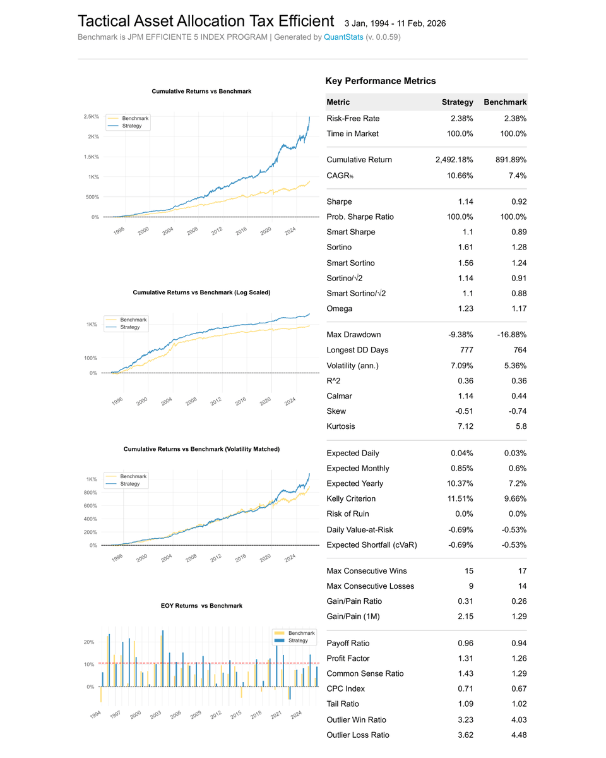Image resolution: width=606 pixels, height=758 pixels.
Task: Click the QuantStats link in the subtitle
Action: pyautogui.click(x=343, y=37)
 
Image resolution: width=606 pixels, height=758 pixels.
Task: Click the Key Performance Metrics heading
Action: pyautogui.click(x=380, y=81)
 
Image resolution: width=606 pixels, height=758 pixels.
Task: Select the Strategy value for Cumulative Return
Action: pyautogui.click(x=454, y=160)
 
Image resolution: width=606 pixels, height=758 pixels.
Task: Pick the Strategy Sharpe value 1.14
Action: pyautogui.click(x=465, y=202)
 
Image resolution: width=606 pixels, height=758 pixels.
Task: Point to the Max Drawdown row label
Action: pyautogui.click(x=353, y=335)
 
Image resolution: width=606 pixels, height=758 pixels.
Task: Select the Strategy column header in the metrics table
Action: pyautogui.click(x=457, y=102)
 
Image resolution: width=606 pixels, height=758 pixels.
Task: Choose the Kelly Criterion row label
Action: pyautogui.click(x=351, y=499)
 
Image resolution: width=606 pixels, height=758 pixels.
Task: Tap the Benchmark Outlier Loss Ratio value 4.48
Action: pyautogui.click(x=518, y=735)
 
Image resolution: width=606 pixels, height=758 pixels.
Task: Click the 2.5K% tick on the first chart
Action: pyautogui.click(x=91, y=117)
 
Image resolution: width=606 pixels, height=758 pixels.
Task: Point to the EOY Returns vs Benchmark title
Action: pyautogui.click(x=201, y=606)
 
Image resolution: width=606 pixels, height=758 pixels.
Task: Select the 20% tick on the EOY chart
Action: pyautogui.click(x=89, y=642)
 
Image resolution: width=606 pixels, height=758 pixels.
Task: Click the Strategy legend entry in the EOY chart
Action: pyautogui.click(x=298, y=641)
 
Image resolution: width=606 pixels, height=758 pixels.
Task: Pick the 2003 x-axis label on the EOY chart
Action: pyautogui.click(x=155, y=714)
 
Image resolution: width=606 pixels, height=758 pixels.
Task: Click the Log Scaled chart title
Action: pyautogui.click(x=201, y=292)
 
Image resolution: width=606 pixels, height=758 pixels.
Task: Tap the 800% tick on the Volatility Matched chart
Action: pyautogui.click(x=90, y=493)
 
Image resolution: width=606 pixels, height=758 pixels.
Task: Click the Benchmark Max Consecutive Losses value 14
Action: pyautogui.click(x=521, y=586)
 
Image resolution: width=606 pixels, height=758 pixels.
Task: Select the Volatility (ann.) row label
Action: pyautogui.click(x=352, y=366)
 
